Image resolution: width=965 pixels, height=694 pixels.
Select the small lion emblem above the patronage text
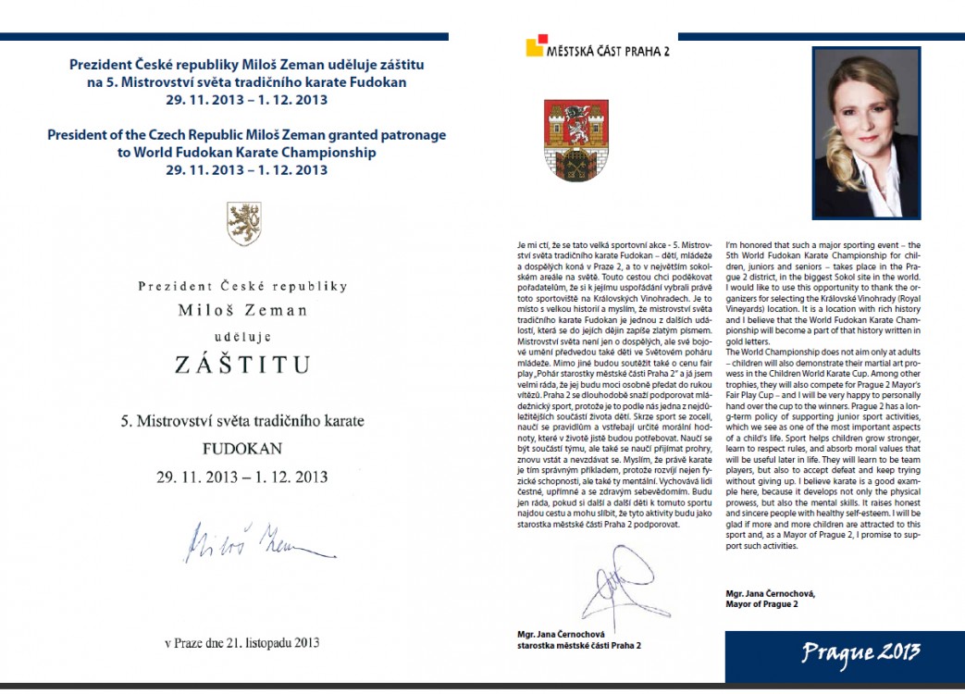pyautogui.click(x=244, y=222)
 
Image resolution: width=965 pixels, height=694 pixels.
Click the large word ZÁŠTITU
pyautogui.click(x=243, y=364)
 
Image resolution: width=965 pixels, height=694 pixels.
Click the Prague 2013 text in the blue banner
pyautogui.click(x=860, y=652)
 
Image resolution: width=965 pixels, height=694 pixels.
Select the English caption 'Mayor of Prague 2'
pyautogui.click(x=762, y=604)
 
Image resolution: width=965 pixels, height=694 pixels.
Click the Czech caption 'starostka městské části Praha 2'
pyautogui.click(x=580, y=645)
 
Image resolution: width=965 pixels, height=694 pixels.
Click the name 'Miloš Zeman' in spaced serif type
pyautogui.click(x=243, y=310)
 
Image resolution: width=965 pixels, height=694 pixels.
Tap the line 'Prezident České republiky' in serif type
pyautogui.click(x=243, y=286)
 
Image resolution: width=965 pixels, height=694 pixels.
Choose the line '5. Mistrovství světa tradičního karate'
pyautogui.click(x=243, y=421)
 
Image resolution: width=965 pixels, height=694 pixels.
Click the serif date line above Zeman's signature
pyautogui.click(x=243, y=477)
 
